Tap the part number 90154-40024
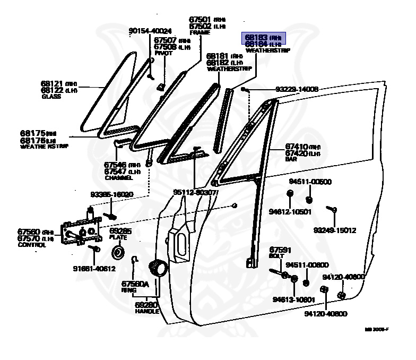point(150,31)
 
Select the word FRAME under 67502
point(200,32)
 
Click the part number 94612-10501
point(290,211)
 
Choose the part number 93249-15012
point(334,230)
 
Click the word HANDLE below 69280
point(147,311)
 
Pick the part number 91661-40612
point(94,268)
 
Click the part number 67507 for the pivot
point(166,40)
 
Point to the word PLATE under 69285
point(117,238)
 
